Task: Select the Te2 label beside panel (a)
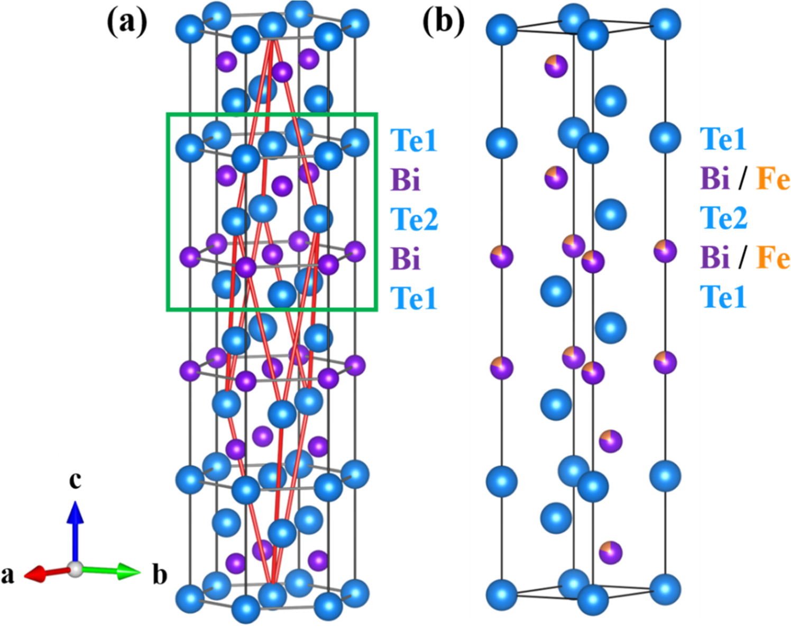pyautogui.click(x=414, y=219)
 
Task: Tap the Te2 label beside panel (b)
pyautogui.click(x=723, y=217)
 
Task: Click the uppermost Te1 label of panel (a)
pyautogui.click(x=414, y=141)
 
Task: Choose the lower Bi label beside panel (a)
pyautogui.click(x=406, y=259)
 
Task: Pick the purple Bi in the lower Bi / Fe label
pyautogui.click(x=715, y=257)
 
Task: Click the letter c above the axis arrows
pyautogui.click(x=76, y=480)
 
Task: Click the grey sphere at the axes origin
pyautogui.click(x=76, y=569)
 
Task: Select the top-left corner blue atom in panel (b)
pyautogui.click(x=501, y=29)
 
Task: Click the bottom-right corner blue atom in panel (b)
pyautogui.click(x=665, y=590)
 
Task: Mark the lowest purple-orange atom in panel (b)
pyautogui.click(x=611, y=553)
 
